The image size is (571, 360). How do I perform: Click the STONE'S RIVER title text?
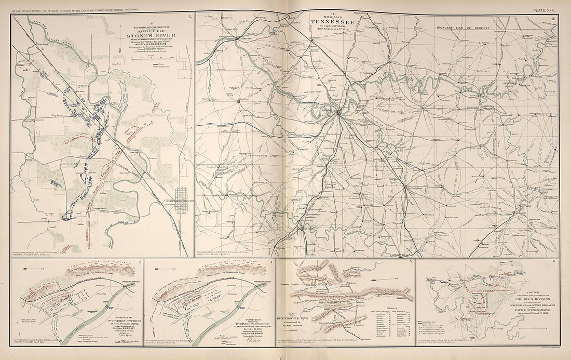(x=144, y=37)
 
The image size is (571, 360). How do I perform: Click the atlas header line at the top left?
(x=88, y=7)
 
